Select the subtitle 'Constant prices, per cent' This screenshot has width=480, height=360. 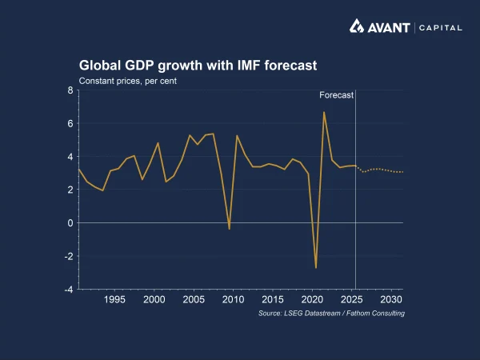tap(128, 81)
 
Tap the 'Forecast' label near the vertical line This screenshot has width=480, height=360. tap(336, 95)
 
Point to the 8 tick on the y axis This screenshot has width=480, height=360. tap(70, 90)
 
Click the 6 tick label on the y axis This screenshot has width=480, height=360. tap(70, 124)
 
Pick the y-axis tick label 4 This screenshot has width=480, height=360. tap(70, 157)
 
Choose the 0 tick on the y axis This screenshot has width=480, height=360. tap(70, 223)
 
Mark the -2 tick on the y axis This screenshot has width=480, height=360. tap(68, 257)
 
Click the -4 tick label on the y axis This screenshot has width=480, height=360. tap(68, 290)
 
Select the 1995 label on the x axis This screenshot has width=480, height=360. tap(114, 299)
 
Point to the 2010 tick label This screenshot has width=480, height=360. tap(233, 299)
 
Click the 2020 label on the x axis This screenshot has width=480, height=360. tap(312, 299)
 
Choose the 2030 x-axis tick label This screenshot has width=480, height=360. tap(391, 299)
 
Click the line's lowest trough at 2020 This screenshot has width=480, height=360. tap(316, 267)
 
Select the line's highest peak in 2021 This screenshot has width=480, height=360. tap(324, 112)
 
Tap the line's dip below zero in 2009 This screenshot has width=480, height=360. tap(230, 229)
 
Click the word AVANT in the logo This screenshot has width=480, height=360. tap(390, 27)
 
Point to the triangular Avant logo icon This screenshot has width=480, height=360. tap(358, 26)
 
